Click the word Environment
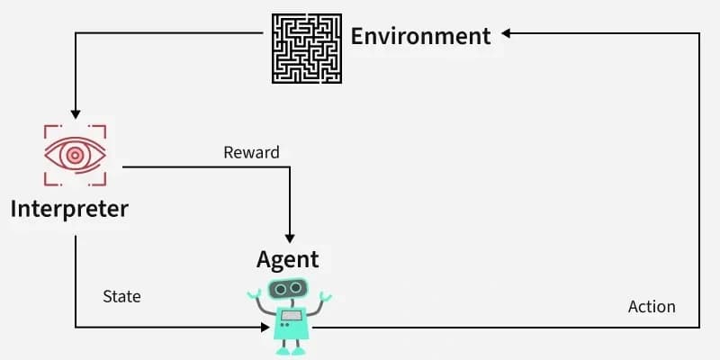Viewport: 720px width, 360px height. tap(420, 36)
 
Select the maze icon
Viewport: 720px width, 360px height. tap(307, 49)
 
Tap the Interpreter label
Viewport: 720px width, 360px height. tap(69, 210)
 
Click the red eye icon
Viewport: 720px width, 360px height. tap(76, 155)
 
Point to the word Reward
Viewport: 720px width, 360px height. tap(251, 152)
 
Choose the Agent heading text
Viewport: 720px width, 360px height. tap(287, 260)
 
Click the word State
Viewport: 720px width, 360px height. tap(121, 297)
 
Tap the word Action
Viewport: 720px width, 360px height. tap(652, 307)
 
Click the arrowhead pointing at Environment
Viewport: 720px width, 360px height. tap(506, 33)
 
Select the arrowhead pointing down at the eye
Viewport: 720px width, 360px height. tap(76, 114)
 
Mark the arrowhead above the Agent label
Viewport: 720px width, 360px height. tap(290, 238)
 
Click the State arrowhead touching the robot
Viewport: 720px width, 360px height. tap(265, 327)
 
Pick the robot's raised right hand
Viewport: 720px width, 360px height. tap(326, 296)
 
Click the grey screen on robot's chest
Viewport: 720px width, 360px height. tap(291, 315)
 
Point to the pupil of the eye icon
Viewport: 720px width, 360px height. tap(75, 155)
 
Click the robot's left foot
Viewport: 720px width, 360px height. tap(283, 351)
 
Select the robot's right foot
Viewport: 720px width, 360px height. tap(299, 351)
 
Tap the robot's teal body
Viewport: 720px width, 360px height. tap(291, 323)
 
